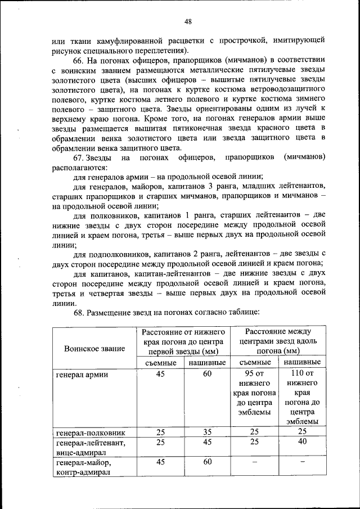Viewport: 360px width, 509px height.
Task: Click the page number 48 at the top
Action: (188, 21)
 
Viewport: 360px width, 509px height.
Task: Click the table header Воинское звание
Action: (94, 349)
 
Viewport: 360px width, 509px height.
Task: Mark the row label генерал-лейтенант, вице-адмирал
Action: (90, 448)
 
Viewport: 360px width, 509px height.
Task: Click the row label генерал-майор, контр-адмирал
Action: (84, 468)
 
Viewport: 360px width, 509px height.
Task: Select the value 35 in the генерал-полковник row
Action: (207, 433)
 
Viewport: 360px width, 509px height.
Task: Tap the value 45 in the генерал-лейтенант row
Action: (207, 443)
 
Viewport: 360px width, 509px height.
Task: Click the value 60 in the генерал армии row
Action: (207, 374)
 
